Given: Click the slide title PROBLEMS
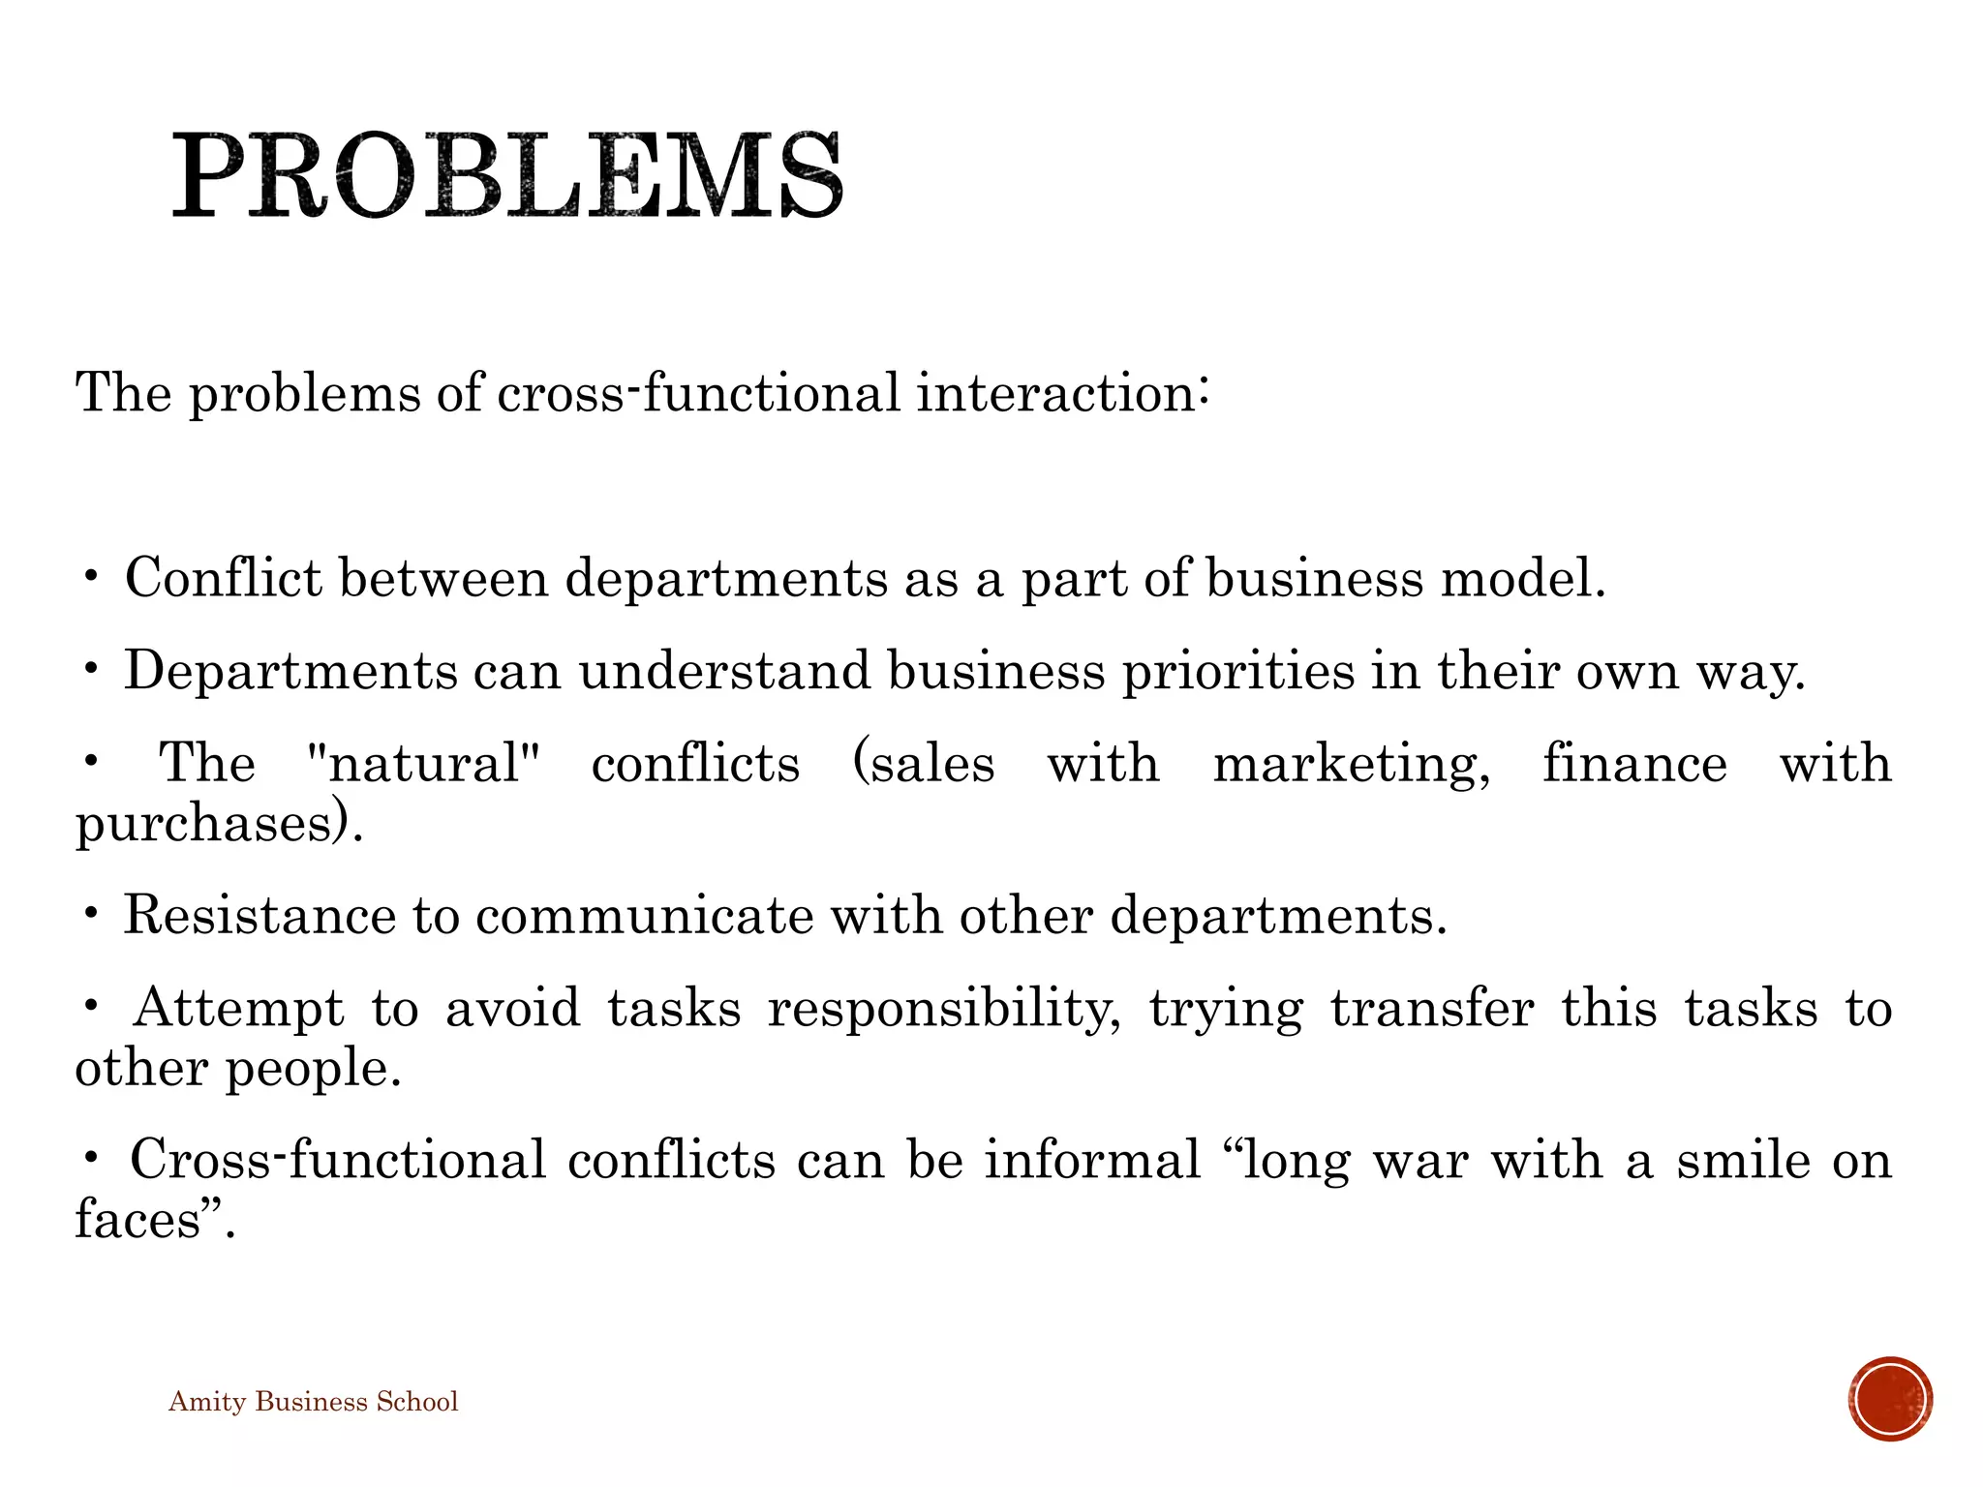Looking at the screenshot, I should [507, 176].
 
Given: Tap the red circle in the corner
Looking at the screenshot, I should [1889, 1399].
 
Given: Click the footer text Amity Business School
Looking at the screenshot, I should [313, 1402].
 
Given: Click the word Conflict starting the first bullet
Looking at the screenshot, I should [224, 579].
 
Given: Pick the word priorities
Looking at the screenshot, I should [1238, 671].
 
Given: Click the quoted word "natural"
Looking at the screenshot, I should [422, 763].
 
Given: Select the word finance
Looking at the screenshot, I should [1634, 763].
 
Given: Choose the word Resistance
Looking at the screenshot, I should [259, 916].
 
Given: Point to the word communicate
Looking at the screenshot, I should [644, 916].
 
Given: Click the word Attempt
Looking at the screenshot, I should [238, 1008].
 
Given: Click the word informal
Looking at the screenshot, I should [1092, 1160].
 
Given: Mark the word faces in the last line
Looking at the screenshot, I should [137, 1220].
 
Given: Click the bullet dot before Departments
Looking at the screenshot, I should [91, 668].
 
